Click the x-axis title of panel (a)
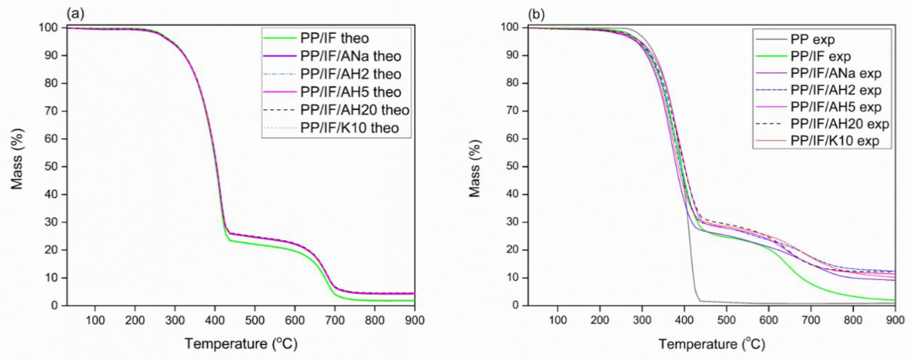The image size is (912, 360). point(241,344)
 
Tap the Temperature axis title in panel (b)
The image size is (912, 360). point(712,344)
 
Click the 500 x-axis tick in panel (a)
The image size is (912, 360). point(255,320)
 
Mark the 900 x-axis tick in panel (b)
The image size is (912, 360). point(895,320)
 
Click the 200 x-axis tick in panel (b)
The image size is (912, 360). point(600,320)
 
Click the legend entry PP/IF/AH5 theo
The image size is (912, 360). point(350,92)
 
